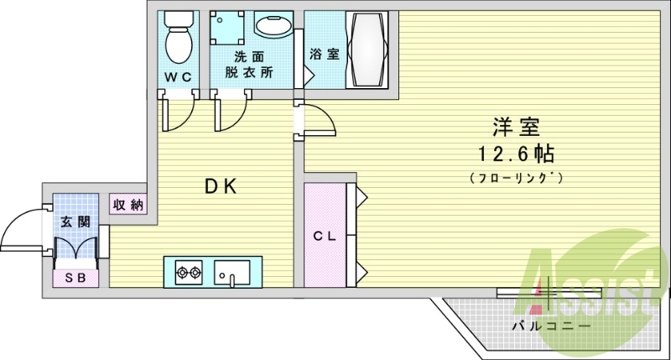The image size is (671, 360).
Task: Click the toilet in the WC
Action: coord(177,38)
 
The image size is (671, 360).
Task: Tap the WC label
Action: coord(177,77)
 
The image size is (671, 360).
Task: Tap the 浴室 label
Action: coord(325,55)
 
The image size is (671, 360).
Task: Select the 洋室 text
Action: coord(515,128)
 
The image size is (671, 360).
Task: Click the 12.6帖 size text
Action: coord(515,154)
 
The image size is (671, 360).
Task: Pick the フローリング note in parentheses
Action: coord(515,178)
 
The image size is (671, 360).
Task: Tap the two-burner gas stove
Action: coord(189,271)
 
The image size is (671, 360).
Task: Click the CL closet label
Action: coord(325,237)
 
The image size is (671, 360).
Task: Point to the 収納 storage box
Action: coord(127,204)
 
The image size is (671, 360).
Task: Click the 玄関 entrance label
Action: coord(73,223)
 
